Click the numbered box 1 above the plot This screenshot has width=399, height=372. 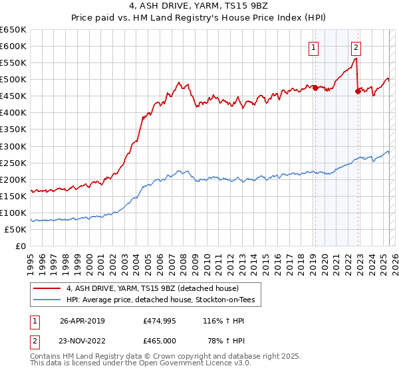313,46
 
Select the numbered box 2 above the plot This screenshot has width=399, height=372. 356,46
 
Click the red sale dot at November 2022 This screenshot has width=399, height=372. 358,91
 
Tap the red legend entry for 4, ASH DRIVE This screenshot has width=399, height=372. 156,288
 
